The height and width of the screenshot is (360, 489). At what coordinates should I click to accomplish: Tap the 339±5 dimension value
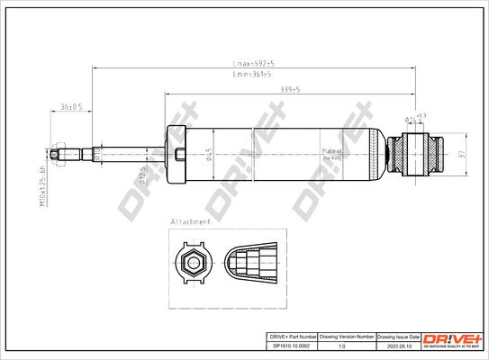tap(290, 90)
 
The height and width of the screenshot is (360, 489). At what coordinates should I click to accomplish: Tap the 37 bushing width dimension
tap(459, 154)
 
